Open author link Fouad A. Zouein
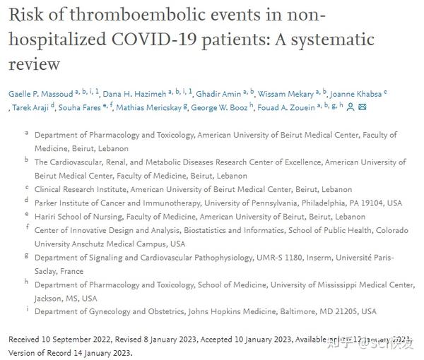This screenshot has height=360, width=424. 290,107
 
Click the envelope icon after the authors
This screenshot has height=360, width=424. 363,107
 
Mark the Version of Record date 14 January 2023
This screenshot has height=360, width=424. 100,352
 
